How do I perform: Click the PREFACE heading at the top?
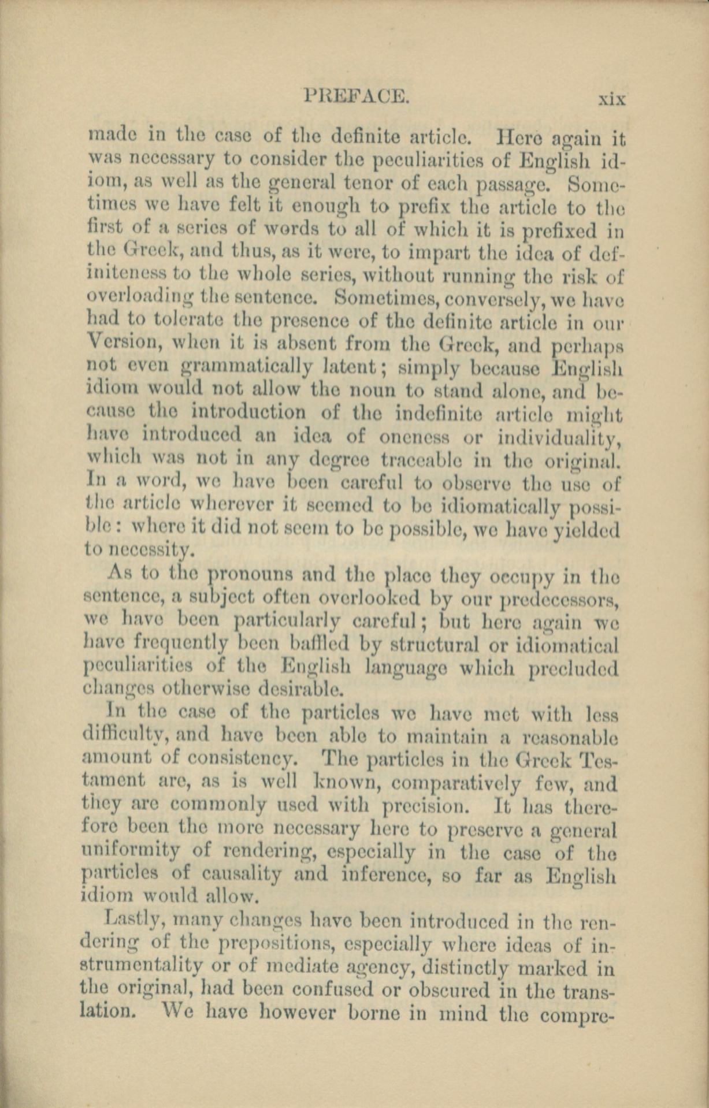point(357,95)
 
